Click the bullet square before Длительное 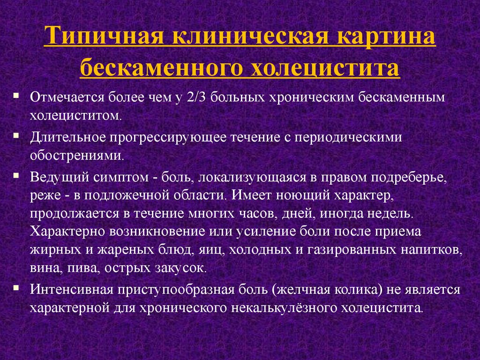click(16, 135)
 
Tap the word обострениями click(77, 156)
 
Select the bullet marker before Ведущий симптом click(16, 175)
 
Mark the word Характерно click(67, 231)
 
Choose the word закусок click(181, 268)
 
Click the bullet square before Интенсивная click(16, 287)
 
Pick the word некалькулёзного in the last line click(284, 307)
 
